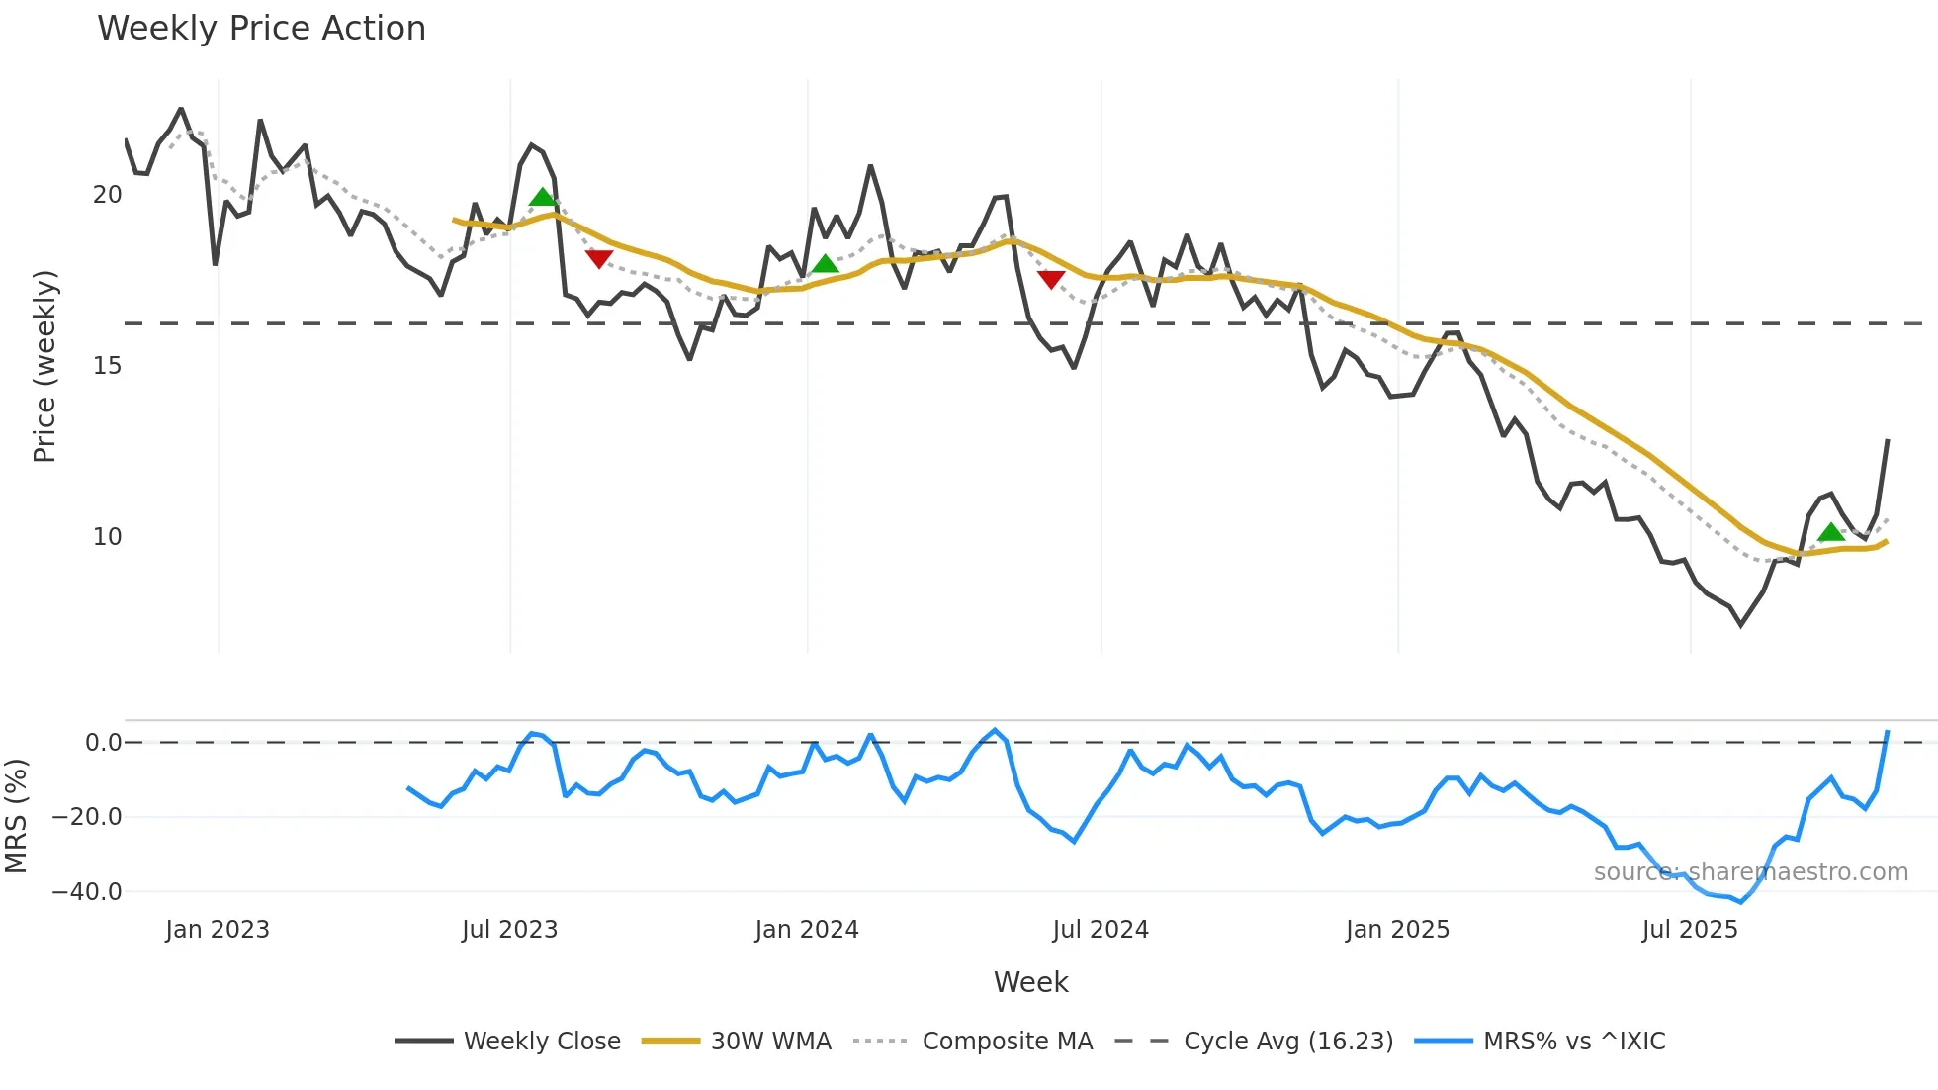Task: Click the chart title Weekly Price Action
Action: coord(261,29)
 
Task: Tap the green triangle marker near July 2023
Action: coord(542,197)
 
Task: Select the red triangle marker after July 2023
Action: coord(599,258)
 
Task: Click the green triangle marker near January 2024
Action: coord(825,263)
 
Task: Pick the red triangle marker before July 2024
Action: coord(1051,280)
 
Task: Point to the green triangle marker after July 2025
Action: coord(1830,532)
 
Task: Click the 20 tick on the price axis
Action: coord(107,195)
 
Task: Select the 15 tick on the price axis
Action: coord(107,366)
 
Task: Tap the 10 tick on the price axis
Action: coord(107,537)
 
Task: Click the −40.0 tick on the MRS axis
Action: coord(87,891)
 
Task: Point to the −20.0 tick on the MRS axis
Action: coord(87,817)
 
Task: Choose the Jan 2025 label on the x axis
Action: coord(1396,930)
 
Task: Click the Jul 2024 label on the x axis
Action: coord(1100,930)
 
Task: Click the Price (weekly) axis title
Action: coord(44,366)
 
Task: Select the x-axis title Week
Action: coord(1030,982)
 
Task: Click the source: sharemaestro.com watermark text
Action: coord(1750,872)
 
